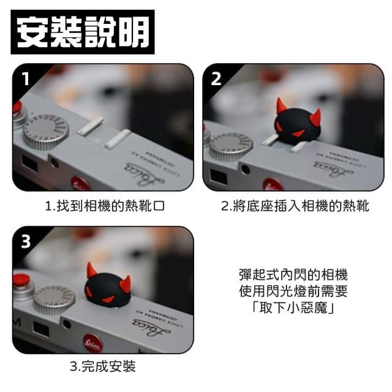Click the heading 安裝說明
83,32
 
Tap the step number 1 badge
26,79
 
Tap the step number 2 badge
216,79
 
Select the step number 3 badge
26,241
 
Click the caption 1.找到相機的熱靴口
105,206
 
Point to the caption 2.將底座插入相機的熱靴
295,206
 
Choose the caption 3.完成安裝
103,366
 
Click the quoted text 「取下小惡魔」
293,307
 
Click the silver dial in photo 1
46,132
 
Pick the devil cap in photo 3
108,285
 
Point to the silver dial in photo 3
54,299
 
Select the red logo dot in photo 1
80,184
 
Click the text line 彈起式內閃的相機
293,275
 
